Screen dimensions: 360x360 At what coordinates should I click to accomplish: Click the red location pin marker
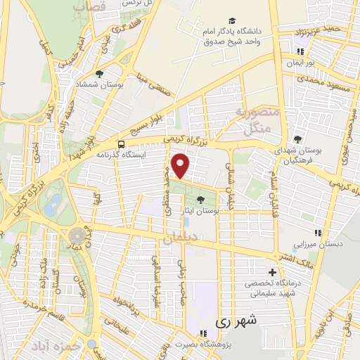coord(181,165)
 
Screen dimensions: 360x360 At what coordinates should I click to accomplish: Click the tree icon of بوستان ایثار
coord(203,199)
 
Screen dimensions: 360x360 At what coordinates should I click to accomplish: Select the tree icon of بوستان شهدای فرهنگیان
coord(297,139)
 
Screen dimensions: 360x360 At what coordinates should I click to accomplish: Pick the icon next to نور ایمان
coord(300,51)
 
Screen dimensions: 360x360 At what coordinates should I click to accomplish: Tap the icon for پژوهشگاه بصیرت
coord(202,334)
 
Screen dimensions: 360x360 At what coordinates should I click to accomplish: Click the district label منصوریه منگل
coord(257,121)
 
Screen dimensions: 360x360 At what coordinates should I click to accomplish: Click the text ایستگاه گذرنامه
coord(148,154)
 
